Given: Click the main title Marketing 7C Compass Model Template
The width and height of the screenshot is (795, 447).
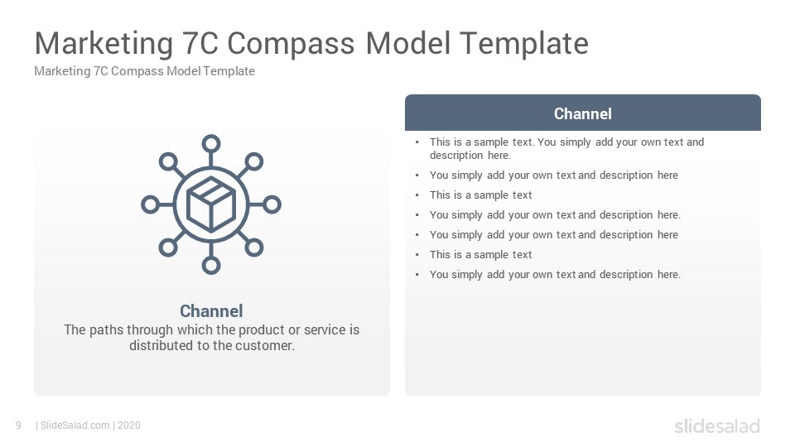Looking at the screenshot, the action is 311,44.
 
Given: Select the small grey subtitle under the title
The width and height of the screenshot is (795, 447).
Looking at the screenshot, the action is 144,71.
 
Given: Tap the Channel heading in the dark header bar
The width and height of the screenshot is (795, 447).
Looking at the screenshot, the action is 582,113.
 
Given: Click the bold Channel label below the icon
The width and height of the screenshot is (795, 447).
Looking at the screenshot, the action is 211,310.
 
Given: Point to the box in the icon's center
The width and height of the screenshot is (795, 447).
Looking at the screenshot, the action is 211,204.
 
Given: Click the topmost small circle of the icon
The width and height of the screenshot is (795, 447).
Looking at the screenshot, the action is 211,144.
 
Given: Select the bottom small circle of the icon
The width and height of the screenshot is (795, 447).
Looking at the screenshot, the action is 211,265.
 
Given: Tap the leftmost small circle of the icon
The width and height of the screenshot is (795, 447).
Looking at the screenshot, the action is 150,204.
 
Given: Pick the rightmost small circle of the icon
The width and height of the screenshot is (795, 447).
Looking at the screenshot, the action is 272,204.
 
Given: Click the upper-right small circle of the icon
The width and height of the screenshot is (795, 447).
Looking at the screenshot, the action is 254,161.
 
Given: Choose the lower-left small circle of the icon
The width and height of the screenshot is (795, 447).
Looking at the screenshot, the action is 168,248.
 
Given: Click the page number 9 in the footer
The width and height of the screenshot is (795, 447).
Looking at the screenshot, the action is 19,425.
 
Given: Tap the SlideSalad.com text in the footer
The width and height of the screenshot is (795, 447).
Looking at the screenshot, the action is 75,425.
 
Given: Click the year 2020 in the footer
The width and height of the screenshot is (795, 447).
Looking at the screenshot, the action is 129,425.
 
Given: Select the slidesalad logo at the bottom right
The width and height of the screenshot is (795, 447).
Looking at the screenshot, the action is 717,425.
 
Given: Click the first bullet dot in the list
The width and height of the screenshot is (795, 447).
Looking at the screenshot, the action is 417,142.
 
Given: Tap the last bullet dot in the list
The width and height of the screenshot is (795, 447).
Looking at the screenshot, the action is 417,275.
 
